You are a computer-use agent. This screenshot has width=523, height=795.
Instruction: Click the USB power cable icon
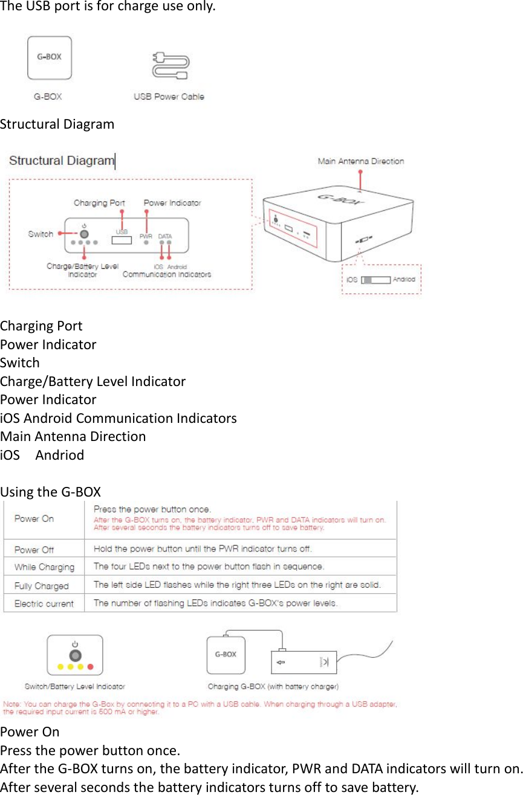click(170, 65)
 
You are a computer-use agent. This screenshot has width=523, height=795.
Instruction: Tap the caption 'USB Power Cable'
click(169, 97)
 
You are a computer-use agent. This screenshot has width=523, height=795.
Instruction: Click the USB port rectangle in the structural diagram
click(122, 240)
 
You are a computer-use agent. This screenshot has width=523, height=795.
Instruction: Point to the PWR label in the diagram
click(146, 236)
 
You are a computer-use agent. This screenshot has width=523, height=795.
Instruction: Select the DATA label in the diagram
click(165, 236)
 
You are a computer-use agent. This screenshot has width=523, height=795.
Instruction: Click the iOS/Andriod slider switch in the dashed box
click(375, 280)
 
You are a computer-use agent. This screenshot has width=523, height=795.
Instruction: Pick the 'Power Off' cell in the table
click(34, 550)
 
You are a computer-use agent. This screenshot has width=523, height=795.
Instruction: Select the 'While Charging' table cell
click(44, 567)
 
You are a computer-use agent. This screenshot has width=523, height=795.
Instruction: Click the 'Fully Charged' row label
click(42, 586)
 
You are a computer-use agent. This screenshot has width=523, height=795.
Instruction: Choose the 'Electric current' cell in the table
click(44, 603)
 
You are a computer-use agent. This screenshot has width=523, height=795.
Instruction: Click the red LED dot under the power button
click(91, 667)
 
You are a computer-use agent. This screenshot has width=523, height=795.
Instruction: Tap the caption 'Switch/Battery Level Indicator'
click(75, 686)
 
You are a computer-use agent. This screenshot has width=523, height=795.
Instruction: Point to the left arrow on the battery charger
click(280, 663)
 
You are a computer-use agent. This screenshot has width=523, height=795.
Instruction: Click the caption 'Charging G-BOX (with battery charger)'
click(273, 686)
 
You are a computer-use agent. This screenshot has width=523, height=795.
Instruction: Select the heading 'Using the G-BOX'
click(51, 492)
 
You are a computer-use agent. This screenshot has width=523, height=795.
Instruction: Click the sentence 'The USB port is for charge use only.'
click(107, 7)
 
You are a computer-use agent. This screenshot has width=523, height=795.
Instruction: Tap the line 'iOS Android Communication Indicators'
click(119, 418)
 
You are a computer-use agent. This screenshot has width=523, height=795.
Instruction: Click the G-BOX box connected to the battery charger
click(226, 655)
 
